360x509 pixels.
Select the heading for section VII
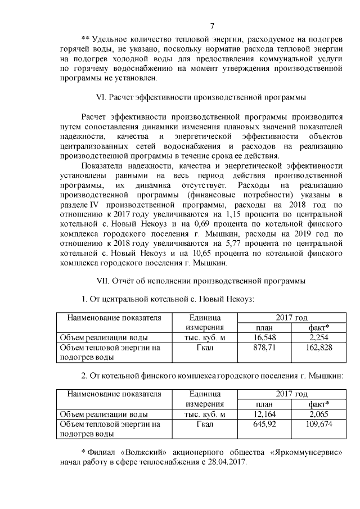pyautogui.click(x=201, y=280)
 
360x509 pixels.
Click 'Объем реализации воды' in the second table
pyautogui.click(x=104, y=414)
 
